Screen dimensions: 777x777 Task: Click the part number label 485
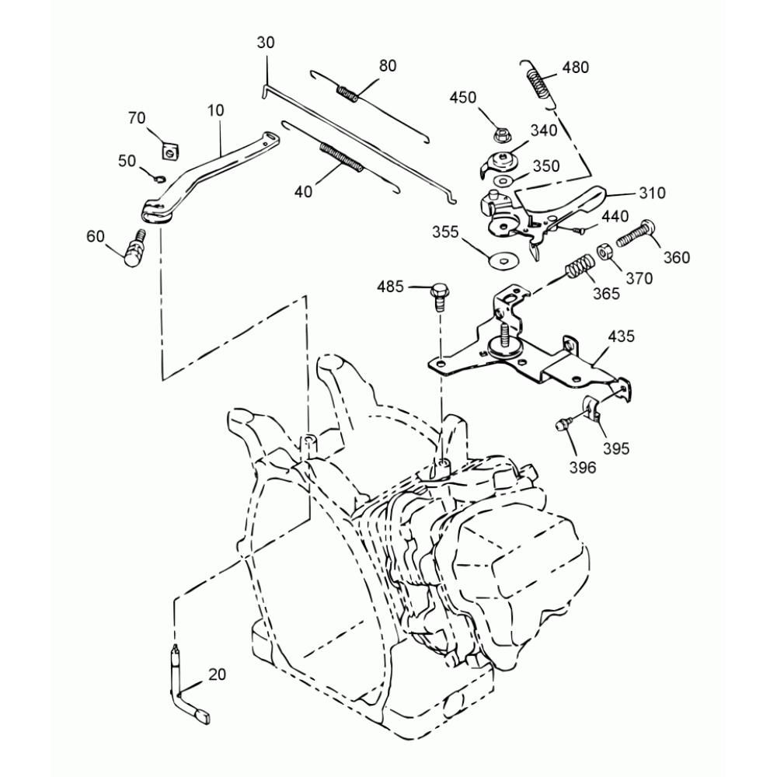[390, 287]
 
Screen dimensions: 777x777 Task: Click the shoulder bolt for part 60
[136, 249]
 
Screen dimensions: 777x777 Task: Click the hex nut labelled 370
[605, 253]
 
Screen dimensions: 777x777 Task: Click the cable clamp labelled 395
[595, 409]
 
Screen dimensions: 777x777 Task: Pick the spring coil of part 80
[347, 93]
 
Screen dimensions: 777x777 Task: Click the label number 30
[265, 44]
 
